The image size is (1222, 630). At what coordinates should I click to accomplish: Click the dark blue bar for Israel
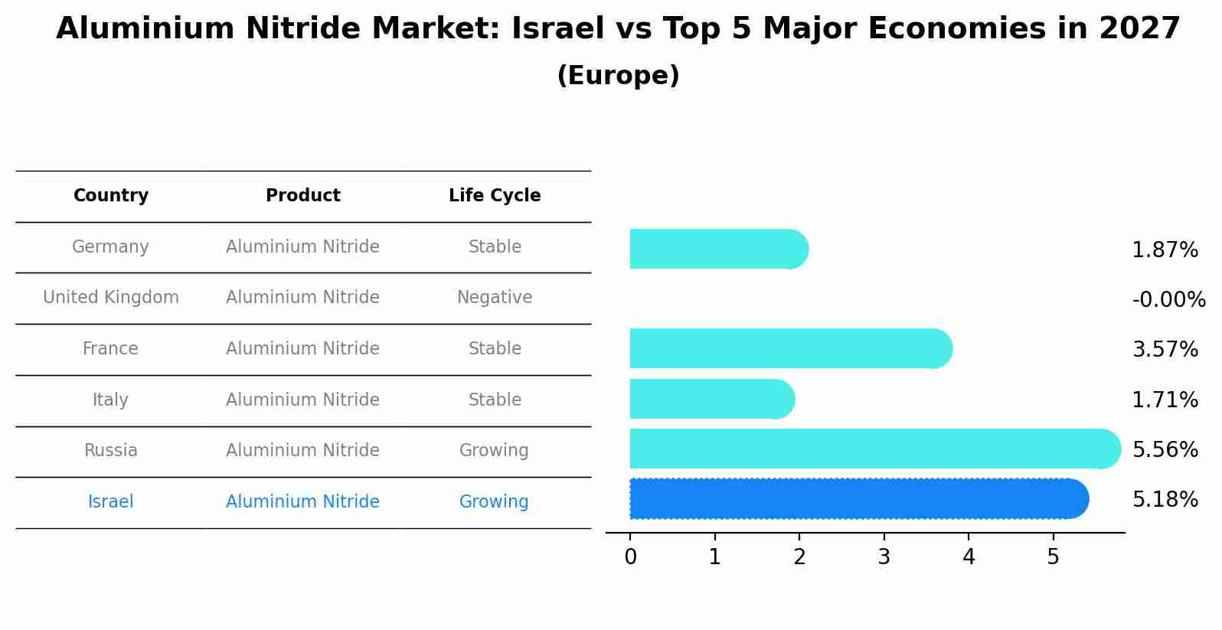[858, 498]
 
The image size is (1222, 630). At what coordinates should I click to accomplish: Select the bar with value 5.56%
[873, 449]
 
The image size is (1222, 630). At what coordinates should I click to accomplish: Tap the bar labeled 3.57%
[789, 348]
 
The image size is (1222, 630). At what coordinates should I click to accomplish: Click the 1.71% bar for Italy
[711, 399]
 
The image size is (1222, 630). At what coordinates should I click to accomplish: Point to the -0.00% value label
[1168, 299]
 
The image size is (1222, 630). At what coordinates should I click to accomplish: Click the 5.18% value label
[1165, 500]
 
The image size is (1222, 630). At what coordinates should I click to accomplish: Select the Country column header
[111, 196]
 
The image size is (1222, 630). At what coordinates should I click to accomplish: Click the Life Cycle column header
[495, 196]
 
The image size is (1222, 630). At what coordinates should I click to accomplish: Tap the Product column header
[302, 196]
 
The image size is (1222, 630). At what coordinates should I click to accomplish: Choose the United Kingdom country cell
[111, 298]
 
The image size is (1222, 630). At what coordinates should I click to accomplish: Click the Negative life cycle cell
[495, 298]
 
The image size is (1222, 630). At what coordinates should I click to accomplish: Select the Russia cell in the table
[111, 451]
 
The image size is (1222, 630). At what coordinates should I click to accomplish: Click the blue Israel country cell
[111, 502]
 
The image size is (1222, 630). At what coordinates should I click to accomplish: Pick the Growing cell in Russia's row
[494, 451]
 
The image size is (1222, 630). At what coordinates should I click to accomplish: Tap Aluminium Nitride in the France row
[302, 349]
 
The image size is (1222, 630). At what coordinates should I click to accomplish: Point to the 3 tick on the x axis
[884, 557]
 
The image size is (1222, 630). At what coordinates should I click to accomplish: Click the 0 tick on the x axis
[630, 557]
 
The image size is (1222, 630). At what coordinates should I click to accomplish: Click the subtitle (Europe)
[618, 76]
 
